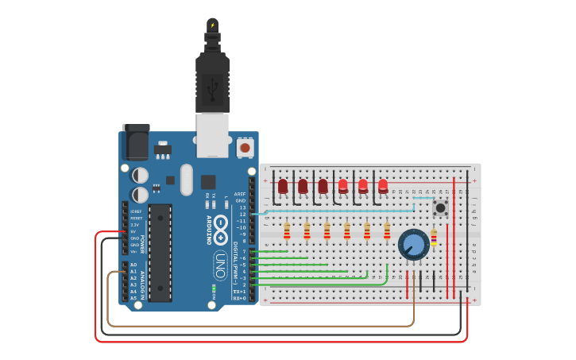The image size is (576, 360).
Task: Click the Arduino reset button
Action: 245,148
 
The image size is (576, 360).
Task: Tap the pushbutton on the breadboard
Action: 439,209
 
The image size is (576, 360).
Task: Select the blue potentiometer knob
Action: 413,245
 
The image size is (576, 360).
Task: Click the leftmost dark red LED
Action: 283,186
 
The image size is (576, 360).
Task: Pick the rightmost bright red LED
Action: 383,186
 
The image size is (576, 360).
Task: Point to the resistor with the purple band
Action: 433,237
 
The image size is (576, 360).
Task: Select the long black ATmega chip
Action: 160,253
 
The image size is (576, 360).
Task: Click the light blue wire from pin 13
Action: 334,212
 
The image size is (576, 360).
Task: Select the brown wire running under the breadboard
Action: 262,325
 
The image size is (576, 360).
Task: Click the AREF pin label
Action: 240,193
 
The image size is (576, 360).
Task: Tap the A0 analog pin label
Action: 133,265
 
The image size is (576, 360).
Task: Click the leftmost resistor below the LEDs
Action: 287,230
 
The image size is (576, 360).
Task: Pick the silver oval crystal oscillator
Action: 187,179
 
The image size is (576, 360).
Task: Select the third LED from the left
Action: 323,186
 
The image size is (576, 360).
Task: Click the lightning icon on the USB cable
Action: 212,25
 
